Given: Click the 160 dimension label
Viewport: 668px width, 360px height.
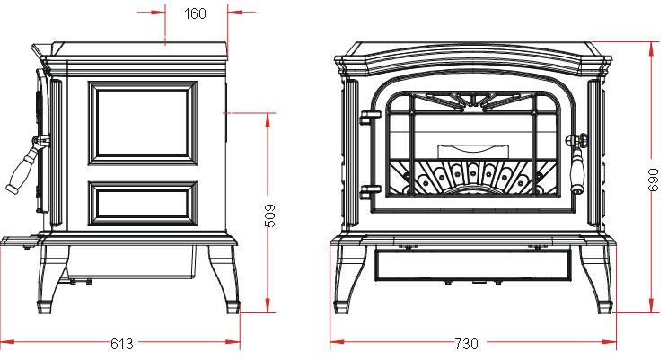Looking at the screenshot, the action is tap(195, 13).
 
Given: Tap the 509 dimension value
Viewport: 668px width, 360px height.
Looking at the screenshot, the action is tap(270, 215).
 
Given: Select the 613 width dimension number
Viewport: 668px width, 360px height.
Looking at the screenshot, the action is tap(122, 343).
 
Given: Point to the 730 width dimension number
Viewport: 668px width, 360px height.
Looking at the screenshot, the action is tap(467, 343).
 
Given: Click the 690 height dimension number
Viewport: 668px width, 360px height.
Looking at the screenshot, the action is tap(653, 180).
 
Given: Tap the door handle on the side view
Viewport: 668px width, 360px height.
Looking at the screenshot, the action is tap(28, 164).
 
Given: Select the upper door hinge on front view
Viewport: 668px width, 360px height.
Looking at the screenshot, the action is tap(369, 118).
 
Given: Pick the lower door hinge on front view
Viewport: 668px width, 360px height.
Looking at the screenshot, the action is tap(369, 192).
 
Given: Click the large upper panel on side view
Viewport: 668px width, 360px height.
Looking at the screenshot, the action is tap(143, 123).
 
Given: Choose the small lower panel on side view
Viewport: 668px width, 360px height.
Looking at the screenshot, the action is tap(143, 203).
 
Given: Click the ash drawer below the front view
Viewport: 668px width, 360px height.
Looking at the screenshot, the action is tap(473, 265).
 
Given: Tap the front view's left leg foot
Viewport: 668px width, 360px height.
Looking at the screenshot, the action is tap(341, 307).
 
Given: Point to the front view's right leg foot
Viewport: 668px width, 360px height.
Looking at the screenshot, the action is tap(605, 307).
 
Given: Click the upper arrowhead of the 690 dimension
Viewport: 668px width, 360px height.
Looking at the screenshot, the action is tap(652, 48).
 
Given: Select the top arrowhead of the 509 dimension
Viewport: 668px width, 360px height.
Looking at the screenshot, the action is tap(268, 119).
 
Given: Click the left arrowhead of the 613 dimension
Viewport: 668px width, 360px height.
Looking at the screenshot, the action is tap(8, 342).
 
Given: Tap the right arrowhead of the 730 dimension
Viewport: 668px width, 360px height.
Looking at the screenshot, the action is tap(610, 342).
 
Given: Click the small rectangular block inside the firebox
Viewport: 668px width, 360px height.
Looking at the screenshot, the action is tap(473, 152).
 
